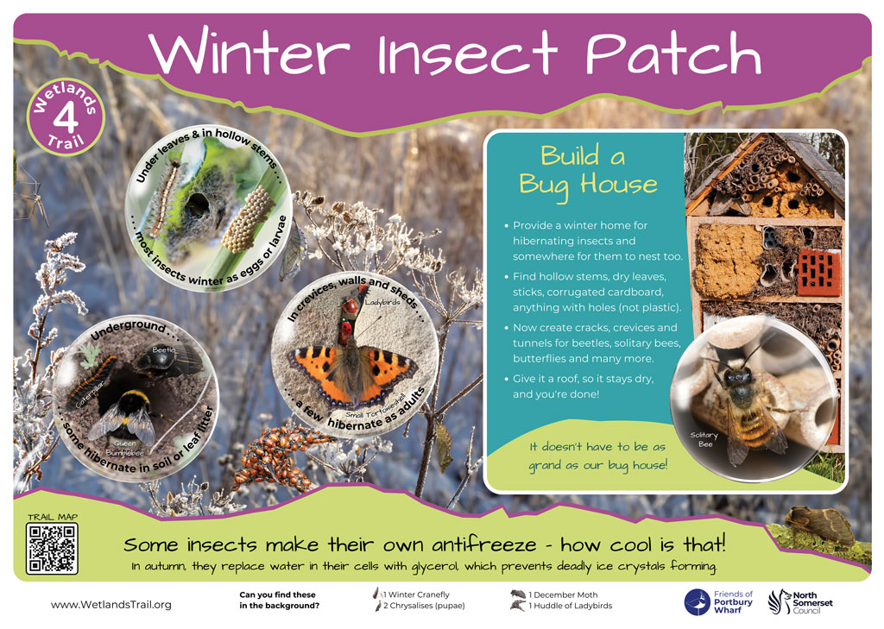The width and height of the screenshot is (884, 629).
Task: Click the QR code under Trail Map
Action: (x=52, y=548)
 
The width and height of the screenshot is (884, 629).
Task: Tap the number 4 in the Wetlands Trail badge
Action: (x=66, y=117)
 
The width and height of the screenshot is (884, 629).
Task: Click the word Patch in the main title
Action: (x=673, y=53)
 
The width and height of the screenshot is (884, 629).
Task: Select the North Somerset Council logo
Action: (x=800, y=602)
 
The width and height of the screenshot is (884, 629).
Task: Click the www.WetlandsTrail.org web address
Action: (x=111, y=604)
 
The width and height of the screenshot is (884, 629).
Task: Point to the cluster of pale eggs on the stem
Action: (x=249, y=220)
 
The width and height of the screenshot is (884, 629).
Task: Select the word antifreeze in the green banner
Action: (x=484, y=544)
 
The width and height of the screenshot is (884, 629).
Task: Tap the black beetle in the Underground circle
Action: (x=167, y=360)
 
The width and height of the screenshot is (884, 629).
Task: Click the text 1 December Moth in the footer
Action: (x=563, y=594)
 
